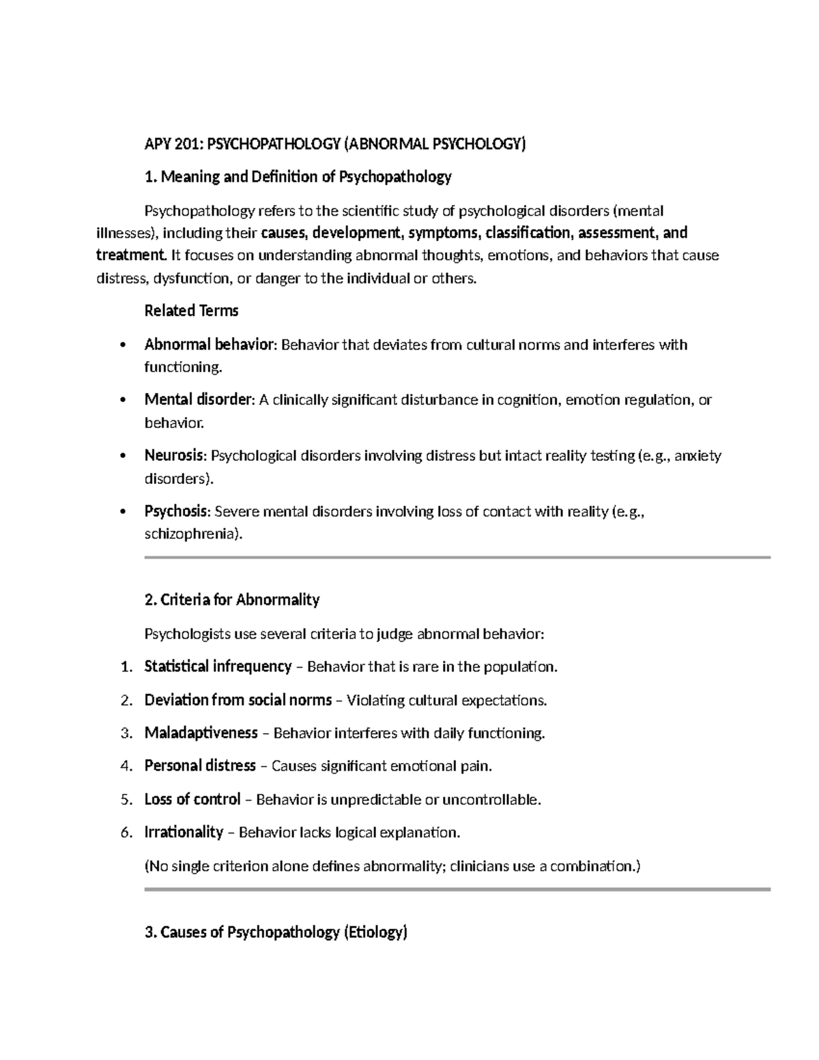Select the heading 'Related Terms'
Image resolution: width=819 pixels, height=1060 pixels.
pyautogui.click(x=191, y=311)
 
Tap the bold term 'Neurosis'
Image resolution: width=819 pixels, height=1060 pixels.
pyautogui.click(x=173, y=455)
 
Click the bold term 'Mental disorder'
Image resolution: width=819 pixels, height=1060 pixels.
pyautogui.click(x=198, y=400)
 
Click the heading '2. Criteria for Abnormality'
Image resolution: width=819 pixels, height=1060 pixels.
pyautogui.click(x=232, y=600)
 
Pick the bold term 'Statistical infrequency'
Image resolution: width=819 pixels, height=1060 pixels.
pyautogui.click(x=218, y=667)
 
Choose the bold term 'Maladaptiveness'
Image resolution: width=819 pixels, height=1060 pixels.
pyautogui.click(x=201, y=733)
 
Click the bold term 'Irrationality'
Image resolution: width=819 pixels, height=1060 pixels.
pyautogui.click(x=184, y=833)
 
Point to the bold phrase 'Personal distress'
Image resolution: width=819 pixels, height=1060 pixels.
pyautogui.click(x=200, y=767)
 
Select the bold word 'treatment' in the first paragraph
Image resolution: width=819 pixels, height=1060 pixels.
pyautogui.click(x=130, y=256)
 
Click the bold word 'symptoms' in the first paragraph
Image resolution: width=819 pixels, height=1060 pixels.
pyautogui.click(x=445, y=233)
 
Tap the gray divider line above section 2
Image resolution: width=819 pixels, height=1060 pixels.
pyautogui.click(x=457, y=558)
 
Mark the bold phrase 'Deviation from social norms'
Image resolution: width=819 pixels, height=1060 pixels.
pyautogui.click(x=238, y=700)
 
